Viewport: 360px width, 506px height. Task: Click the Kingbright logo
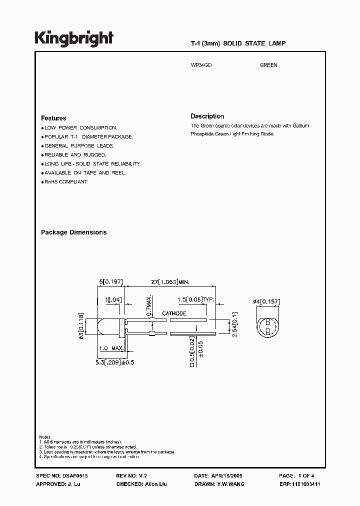74,38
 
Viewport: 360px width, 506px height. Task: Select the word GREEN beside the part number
268,65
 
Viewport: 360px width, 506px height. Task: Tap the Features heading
53,118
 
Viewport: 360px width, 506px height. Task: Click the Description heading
207,116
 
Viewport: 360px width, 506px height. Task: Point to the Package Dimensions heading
73,232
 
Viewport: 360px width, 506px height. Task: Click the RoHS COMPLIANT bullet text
66,182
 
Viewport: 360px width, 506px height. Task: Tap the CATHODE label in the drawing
174,313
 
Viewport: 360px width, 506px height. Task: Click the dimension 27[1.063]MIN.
170,282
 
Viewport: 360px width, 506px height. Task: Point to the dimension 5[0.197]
111,282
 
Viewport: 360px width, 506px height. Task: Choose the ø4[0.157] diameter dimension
266,301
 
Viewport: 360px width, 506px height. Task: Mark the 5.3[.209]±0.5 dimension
115,356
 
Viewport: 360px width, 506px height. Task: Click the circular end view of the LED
267,325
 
